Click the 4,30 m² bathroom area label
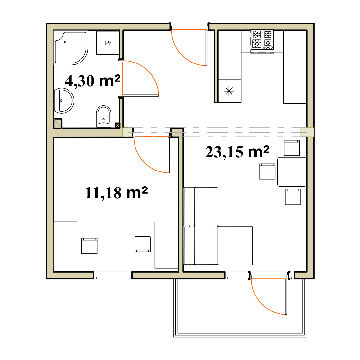[93, 81]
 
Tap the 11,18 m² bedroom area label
[116, 192]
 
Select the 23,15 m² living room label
[237, 152]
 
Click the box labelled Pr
[108, 43]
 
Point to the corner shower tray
[71, 48]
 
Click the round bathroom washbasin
[64, 100]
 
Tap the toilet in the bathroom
[103, 117]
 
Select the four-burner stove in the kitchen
[262, 42]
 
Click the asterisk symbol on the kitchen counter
[229, 91]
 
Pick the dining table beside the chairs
[292, 172]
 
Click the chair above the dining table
[292, 148]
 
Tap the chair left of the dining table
[267, 171]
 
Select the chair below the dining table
[293, 197]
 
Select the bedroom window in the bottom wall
[113, 275]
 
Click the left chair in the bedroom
[89, 246]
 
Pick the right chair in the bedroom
[143, 244]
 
